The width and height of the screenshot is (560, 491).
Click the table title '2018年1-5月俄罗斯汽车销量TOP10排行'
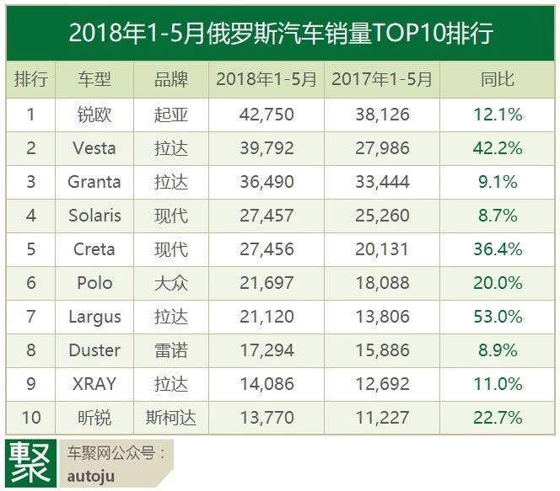(280, 33)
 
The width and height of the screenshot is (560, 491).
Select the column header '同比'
(498, 80)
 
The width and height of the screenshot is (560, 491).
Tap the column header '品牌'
(171, 80)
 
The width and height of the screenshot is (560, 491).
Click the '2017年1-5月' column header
(382, 80)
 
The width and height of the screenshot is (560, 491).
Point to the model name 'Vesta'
(94, 148)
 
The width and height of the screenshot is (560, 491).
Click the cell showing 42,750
(267, 115)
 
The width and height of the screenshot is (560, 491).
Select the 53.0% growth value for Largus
(498, 317)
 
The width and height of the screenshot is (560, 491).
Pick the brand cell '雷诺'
(171, 350)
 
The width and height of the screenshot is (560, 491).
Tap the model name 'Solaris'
(94, 216)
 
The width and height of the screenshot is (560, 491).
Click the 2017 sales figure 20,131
(382, 249)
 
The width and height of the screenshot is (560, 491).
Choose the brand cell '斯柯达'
(171, 418)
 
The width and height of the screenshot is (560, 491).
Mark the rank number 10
(31, 418)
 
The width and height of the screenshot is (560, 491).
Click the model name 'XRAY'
(94, 384)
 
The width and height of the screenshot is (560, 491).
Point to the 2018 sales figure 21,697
(267, 283)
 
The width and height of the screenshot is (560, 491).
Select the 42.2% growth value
(498, 148)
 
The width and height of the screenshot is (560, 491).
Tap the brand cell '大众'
(171, 283)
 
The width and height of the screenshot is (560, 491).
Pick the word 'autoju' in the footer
(90, 476)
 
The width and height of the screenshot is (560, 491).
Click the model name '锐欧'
(94, 115)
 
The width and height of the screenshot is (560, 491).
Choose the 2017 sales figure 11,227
(382, 418)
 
